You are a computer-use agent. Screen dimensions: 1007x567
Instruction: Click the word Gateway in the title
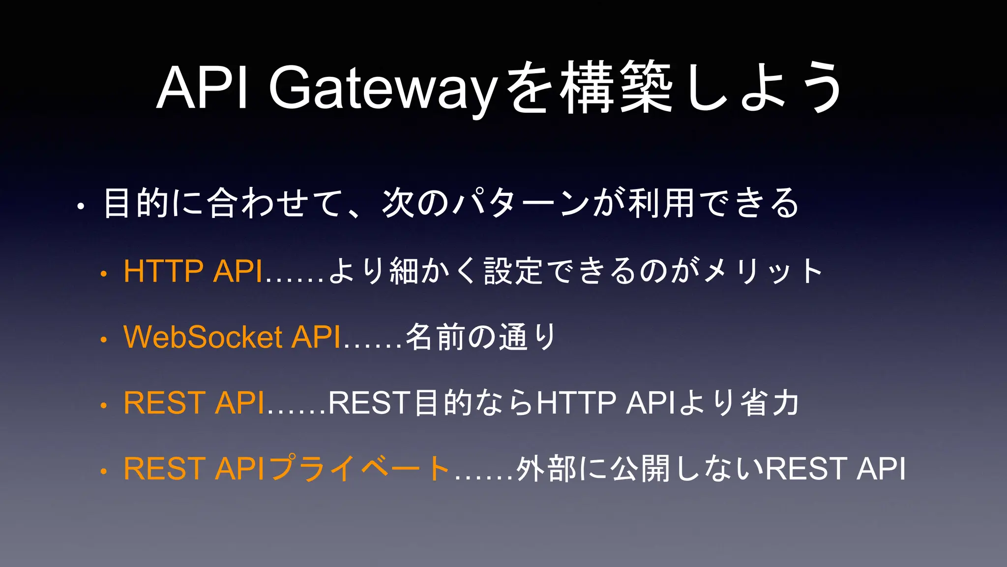(x=381, y=89)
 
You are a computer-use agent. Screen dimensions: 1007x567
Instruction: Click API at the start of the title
(x=202, y=89)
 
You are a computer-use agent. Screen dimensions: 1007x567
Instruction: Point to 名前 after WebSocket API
(x=435, y=337)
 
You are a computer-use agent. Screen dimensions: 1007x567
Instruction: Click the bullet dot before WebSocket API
(x=103, y=340)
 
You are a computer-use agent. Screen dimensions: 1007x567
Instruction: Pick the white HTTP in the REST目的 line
(x=576, y=403)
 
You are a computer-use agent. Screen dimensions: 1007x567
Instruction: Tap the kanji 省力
(x=770, y=403)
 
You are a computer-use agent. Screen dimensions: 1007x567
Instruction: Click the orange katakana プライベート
(x=359, y=468)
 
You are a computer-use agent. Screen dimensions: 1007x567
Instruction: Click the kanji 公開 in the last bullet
(x=640, y=468)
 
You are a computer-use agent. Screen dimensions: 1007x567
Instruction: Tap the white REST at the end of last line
(x=806, y=468)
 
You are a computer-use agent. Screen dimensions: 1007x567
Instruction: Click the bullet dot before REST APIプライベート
(x=103, y=472)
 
